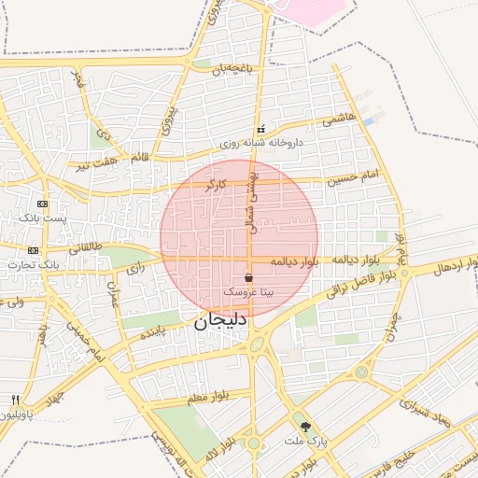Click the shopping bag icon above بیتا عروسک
(248, 277)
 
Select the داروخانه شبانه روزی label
(260, 145)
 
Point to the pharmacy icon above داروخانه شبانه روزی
(261, 129)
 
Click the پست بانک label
(43, 218)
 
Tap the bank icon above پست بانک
(42, 204)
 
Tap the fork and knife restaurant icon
(15, 400)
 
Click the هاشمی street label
(339, 121)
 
